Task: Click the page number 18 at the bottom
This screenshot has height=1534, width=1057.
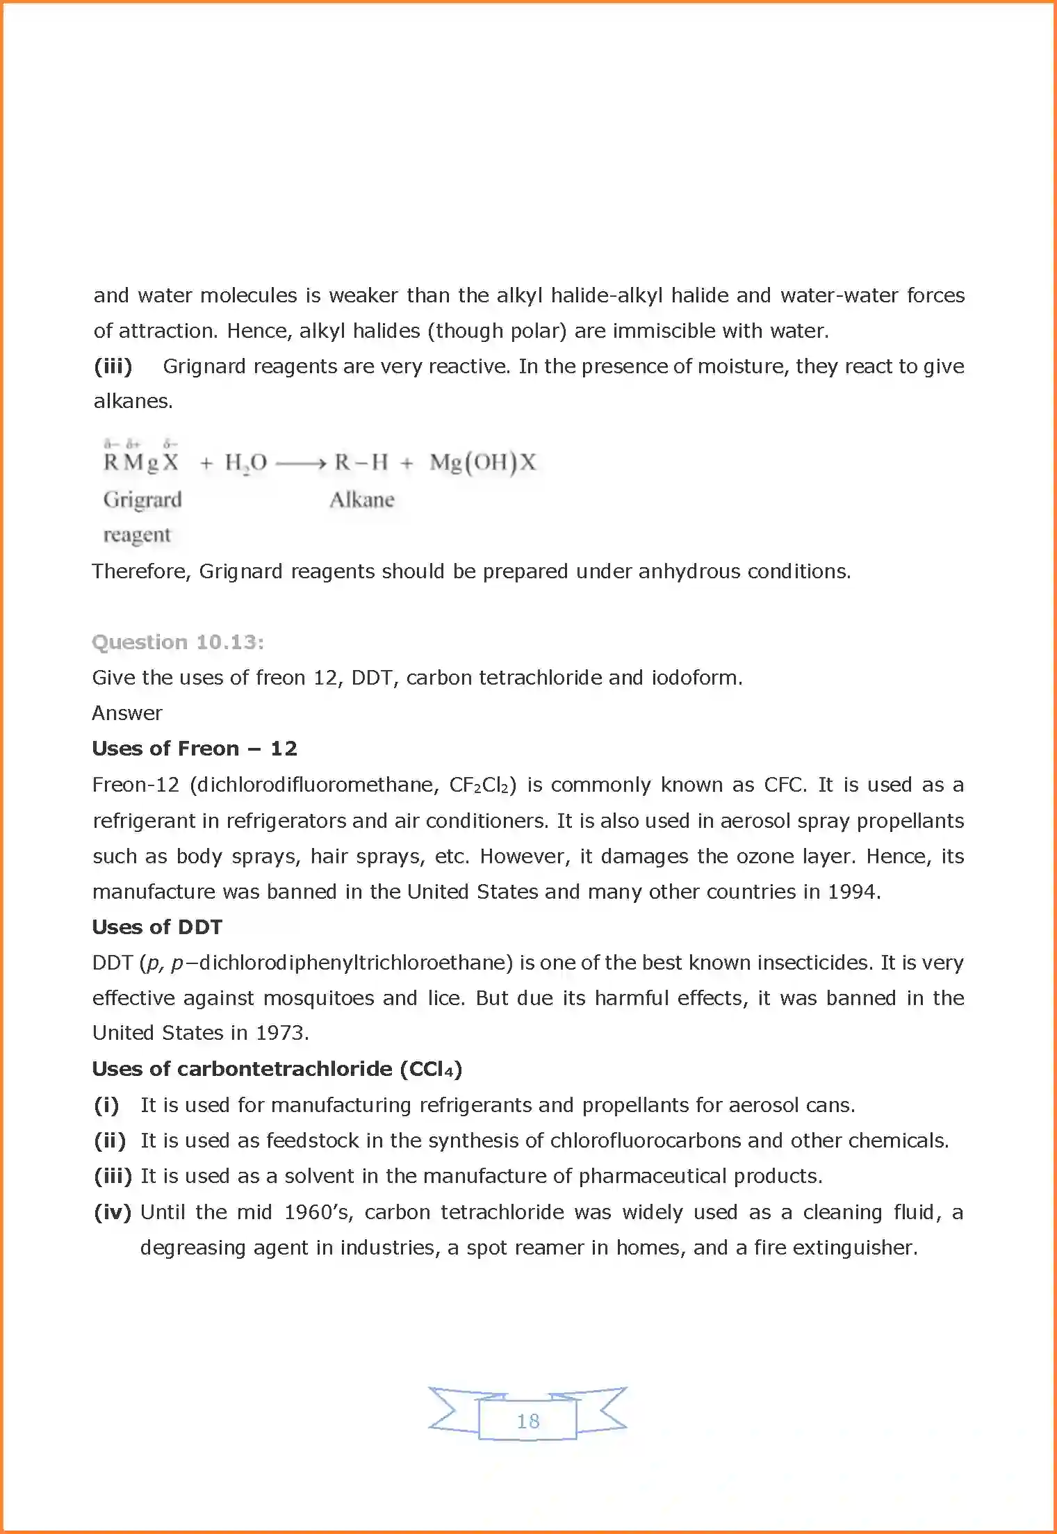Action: coord(528,1421)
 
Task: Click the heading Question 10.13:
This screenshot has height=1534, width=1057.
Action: coord(178,642)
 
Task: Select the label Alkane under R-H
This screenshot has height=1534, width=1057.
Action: coord(361,500)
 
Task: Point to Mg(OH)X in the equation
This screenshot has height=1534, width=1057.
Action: coord(482,463)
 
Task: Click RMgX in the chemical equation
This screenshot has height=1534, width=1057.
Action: coord(141,462)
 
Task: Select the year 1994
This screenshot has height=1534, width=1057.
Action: coord(853,892)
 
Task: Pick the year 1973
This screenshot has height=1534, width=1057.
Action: coord(281,1033)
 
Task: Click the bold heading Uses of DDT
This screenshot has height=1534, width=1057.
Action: coord(157,927)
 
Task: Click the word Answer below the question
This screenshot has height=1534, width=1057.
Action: coord(127,713)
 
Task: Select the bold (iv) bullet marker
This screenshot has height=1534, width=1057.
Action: coord(113,1212)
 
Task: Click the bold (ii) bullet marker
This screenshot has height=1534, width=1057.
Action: coord(110,1141)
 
